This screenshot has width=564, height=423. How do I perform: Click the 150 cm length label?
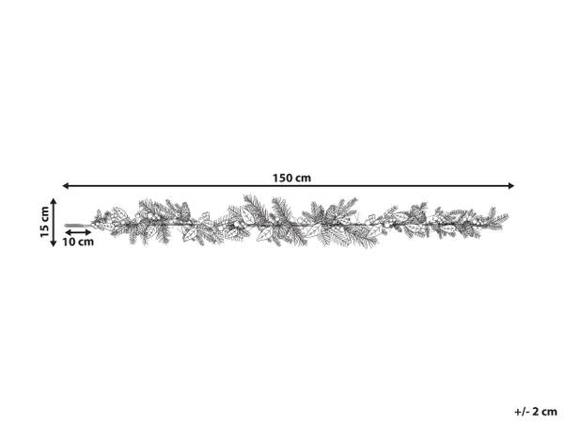pos(291,178)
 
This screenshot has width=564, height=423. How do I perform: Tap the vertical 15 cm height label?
pos(44,222)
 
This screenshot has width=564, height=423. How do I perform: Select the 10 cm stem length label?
pos(78,242)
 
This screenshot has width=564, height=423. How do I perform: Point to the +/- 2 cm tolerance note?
pos(536,411)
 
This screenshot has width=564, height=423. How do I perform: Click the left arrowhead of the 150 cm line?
pos(66,185)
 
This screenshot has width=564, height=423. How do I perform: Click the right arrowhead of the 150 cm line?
pos(511,185)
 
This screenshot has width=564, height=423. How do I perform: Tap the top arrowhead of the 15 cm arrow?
pos(54,201)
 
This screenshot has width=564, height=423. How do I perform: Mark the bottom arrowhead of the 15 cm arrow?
pos(54,243)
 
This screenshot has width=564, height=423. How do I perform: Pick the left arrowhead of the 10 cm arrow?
pos(68,232)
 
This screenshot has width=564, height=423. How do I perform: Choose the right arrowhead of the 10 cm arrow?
pos(88,232)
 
